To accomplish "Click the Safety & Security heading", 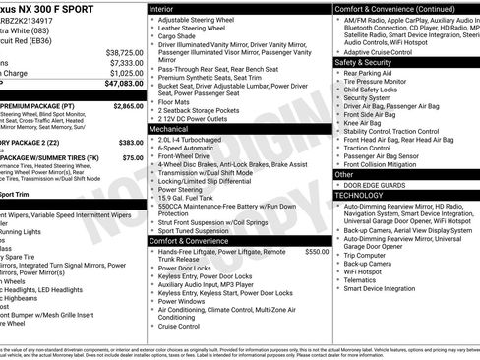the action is pyautogui.click(x=364, y=61).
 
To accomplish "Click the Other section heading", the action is pyautogui.click(x=344, y=174).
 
